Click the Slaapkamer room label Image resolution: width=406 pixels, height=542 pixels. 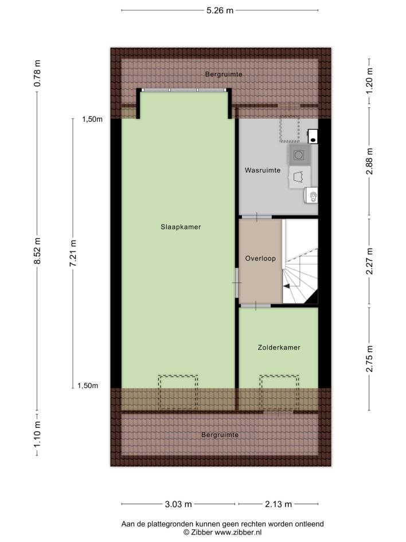point(181,227)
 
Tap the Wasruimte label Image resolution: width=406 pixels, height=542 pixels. point(263,170)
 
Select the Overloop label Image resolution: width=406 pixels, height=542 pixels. point(260,258)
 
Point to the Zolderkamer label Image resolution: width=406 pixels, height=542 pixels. point(279,347)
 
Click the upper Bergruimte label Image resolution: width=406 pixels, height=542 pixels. point(224,74)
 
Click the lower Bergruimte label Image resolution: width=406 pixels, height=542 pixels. point(220,435)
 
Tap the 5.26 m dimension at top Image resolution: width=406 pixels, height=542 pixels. point(220,10)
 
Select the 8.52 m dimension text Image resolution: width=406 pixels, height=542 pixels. point(37,251)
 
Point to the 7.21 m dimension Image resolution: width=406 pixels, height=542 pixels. point(73,253)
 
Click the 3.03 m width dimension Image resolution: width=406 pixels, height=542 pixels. point(178,504)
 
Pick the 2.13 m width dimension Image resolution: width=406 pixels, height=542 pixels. point(278,504)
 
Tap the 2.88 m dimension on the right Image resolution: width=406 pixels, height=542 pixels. point(369,161)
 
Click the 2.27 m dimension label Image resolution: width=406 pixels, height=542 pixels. point(369,261)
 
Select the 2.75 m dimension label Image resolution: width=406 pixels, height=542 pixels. point(369,359)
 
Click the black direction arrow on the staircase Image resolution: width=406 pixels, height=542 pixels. point(287,286)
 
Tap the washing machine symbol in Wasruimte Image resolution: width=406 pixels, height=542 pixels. point(299,155)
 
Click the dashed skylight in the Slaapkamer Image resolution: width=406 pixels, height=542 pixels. point(178,392)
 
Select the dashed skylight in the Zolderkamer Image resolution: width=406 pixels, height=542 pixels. point(279,392)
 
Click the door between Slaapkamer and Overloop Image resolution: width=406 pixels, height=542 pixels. point(237,282)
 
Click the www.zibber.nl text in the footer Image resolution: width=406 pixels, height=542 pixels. point(238,532)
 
